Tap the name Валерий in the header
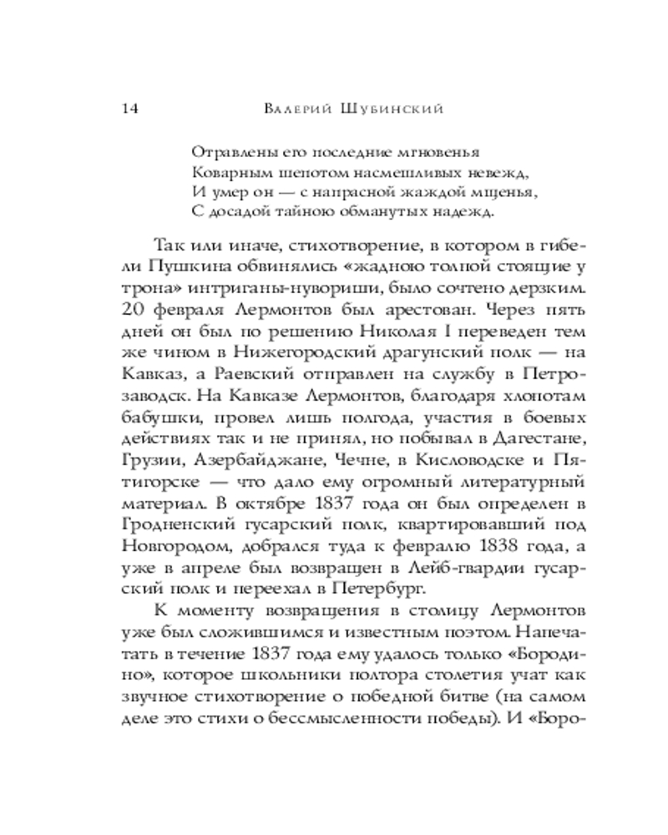tap(296, 109)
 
